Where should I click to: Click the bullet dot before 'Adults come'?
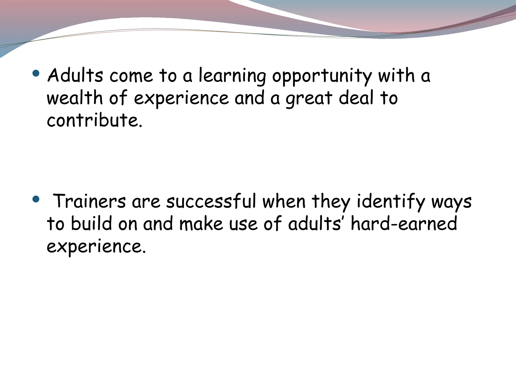36,74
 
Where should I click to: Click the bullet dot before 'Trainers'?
36,199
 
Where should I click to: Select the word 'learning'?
232,76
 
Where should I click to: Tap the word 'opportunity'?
322,76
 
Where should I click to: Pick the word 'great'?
309,99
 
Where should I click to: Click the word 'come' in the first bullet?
131,76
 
